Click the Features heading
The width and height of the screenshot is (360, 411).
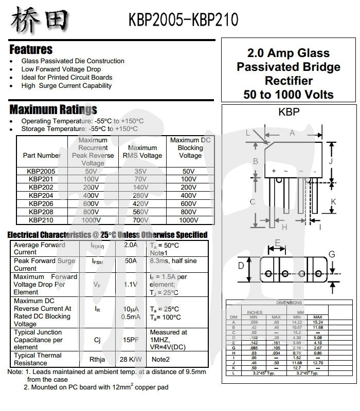point(31,50)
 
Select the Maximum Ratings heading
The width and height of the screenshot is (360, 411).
point(53,109)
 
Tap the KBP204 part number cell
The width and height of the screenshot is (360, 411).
point(42,196)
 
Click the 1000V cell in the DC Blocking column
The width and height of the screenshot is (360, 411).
point(189,220)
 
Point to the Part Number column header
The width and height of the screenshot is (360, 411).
point(42,156)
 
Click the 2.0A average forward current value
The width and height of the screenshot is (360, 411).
point(131,245)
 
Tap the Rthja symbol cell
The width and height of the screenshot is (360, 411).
point(97,360)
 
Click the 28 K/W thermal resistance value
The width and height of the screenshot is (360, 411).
point(131,360)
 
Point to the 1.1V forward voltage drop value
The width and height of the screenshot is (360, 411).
point(131,284)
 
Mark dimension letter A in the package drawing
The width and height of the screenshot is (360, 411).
point(292,133)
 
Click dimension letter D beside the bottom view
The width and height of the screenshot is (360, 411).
point(241,266)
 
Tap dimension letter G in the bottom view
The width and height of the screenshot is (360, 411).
point(332,254)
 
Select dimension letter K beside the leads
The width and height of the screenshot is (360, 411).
point(333,202)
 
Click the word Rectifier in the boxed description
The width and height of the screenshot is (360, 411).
point(289,81)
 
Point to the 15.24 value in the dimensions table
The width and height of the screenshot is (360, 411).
point(317,322)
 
